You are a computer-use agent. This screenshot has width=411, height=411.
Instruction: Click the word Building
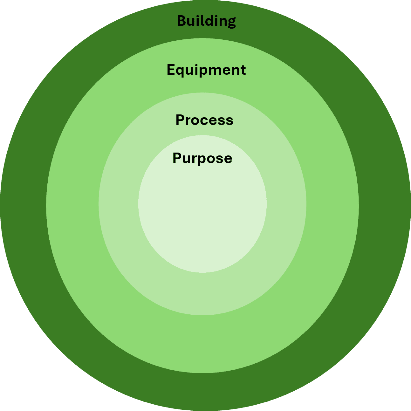tap(206, 21)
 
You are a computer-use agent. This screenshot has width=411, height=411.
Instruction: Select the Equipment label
tap(206, 70)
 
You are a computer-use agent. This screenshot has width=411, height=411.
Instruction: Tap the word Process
tap(204, 120)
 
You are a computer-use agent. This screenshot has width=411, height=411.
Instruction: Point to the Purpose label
tap(202, 159)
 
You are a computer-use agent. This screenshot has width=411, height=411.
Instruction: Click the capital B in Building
tap(182, 21)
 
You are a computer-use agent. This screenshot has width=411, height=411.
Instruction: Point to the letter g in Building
tap(231, 23)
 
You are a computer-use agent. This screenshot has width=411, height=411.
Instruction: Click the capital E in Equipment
tap(171, 70)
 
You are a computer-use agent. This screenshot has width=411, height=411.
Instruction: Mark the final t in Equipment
tap(243, 70)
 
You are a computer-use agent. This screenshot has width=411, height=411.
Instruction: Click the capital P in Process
tap(180, 120)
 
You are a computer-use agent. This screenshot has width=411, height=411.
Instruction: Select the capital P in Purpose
tap(177, 158)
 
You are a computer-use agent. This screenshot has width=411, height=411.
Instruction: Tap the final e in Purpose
tap(228, 159)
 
